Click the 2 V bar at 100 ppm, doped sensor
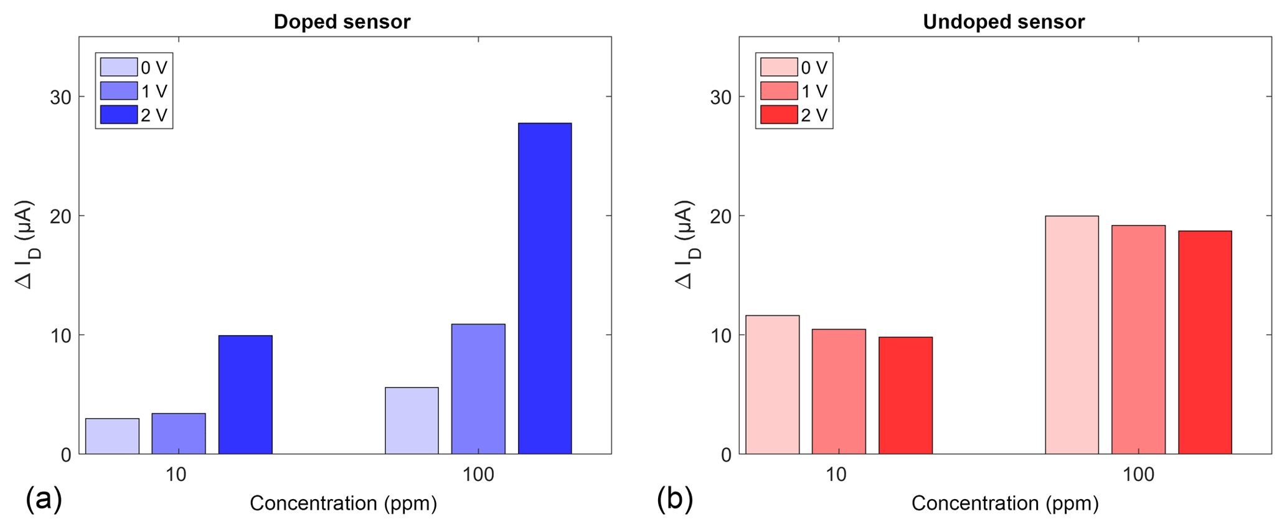[545, 288]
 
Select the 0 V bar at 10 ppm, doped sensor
[112, 436]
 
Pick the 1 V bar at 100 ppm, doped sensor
[478, 389]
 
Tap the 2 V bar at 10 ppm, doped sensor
[245, 394]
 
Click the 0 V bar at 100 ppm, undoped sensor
[1072, 335]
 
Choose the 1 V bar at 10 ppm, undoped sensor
[839, 391]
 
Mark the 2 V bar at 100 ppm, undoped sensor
[1205, 342]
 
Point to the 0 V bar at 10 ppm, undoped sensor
[772, 384]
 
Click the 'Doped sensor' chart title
[342, 22]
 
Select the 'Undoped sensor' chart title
[1003, 22]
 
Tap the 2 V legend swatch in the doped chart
[119, 115]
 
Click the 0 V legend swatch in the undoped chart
[779, 67]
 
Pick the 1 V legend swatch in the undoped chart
[779, 91]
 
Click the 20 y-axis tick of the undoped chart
[720, 216]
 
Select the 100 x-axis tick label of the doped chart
[478, 475]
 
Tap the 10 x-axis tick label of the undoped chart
[836, 475]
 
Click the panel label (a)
[44, 500]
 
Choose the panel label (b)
[674, 500]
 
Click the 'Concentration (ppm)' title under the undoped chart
[1005, 503]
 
